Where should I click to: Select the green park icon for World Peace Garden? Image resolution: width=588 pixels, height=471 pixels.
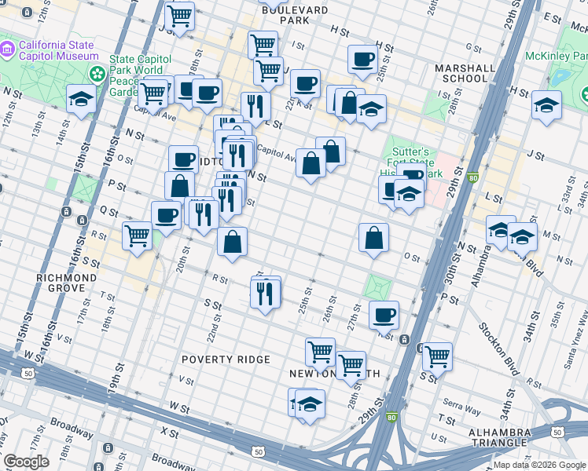[98, 74]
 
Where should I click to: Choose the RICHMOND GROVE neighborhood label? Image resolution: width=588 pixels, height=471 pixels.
[66, 283]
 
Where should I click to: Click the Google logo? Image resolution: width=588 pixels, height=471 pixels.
[26, 461]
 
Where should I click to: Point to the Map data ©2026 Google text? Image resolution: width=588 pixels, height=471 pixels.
[538, 465]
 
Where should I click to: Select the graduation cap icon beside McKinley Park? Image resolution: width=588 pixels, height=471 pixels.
[546, 104]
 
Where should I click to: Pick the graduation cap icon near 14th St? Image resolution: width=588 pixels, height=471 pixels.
[82, 98]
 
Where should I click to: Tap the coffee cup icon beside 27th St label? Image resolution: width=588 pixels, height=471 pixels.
[384, 315]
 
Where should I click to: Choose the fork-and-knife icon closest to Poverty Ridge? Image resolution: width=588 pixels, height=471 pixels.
[264, 293]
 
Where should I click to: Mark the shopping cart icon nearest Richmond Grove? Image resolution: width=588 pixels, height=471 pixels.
[138, 234]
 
